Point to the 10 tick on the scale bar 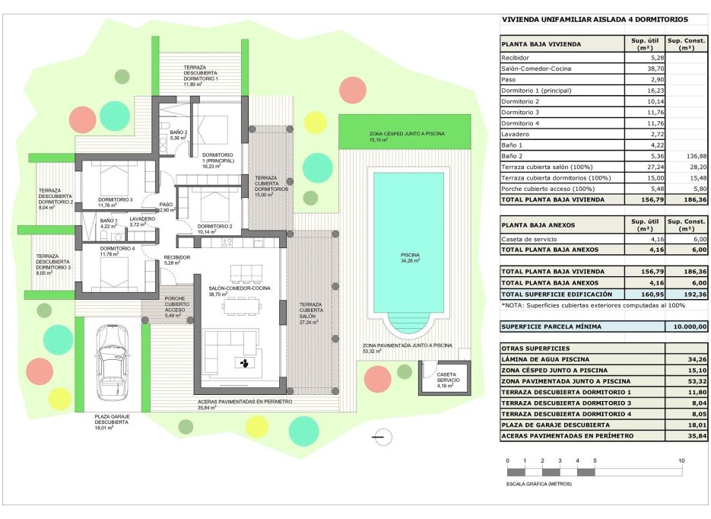(681, 461)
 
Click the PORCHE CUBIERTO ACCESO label (176, 304)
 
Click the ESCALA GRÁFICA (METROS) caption (538, 483)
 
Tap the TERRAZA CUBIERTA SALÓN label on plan (309, 312)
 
